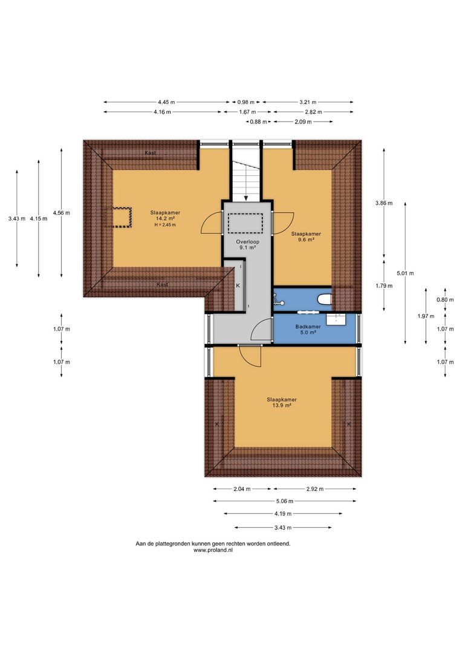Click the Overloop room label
pyautogui.click(x=247, y=241)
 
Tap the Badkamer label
pyautogui.click(x=308, y=327)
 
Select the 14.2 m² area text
pyautogui.click(x=165, y=218)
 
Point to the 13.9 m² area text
pyautogui.click(x=282, y=405)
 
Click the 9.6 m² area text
pyautogui.click(x=306, y=239)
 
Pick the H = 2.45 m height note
pyautogui.click(x=165, y=225)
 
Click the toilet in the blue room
pyautogui.click(x=325, y=299)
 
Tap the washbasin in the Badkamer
pyautogui.click(x=336, y=319)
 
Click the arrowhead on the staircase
pyautogui.click(x=246, y=198)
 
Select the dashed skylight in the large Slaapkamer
pyautogui.click(x=121, y=217)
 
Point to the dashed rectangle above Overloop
pyautogui.click(x=245, y=223)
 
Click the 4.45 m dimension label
pyautogui.click(x=166, y=102)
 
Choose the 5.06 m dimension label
pyautogui.click(x=285, y=501)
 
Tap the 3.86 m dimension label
pyautogui.click(x=383, y=203)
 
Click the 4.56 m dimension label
pyautogui.click(x=61, y=213)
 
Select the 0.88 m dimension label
pyautogui.click(x=258, y=122)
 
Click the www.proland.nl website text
pyautogui.click(x=213, y=550)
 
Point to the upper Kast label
pyautogui.click(x=151, y=153)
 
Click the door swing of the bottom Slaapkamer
pyautogui.click(x=250, y=357)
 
